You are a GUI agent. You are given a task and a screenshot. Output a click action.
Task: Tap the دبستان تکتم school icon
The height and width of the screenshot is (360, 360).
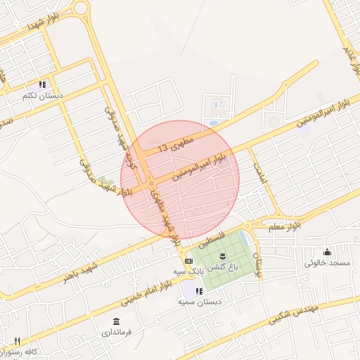coord(42,84)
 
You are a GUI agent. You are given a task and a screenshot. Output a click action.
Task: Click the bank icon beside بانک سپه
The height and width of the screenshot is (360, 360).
coord(188,261)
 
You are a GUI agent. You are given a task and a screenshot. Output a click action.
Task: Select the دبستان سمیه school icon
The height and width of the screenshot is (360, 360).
coord(200,291)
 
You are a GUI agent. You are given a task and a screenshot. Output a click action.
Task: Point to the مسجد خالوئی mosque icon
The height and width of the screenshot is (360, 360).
coord(327,252)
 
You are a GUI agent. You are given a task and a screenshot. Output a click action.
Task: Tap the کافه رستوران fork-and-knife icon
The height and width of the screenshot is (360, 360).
coord(17,341)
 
